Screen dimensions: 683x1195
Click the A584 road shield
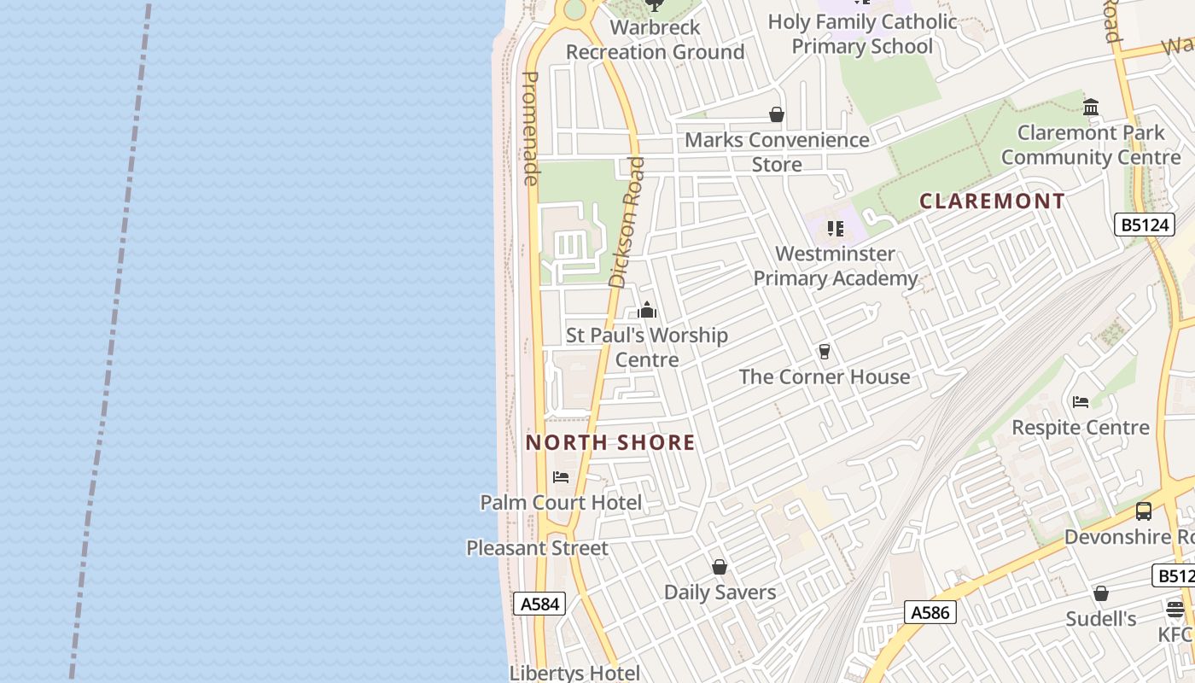pos(539,604)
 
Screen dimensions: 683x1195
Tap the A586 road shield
pos(930,612)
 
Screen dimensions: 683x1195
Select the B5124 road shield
pos(1145,225)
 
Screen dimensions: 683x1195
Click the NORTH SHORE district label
pos(610,442)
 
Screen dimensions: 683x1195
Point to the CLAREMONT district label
pos(992,201)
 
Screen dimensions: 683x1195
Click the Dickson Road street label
pos(627,221)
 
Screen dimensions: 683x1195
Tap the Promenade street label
pos(530,128)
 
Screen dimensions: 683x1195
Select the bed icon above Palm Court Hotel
pos(561,476)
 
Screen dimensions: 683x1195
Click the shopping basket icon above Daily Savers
pos(720,567)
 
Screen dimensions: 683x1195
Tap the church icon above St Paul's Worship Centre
pos(647,310)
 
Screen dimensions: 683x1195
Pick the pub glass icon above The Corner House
pos(825,351)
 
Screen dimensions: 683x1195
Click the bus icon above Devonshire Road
pos(1143,511)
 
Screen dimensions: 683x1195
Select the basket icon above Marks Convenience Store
pos(777,114)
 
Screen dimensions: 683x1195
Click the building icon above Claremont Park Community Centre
pos(1090,108)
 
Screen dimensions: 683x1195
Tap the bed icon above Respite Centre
pos(1081,401)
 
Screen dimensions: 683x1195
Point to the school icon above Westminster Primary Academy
pos(835,229)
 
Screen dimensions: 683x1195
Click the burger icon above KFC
pos(1175,610)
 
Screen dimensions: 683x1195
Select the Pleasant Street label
pos(537,548)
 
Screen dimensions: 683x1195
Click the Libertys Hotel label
pos(574,673)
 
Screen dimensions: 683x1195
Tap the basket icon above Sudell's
pos(1101,593)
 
